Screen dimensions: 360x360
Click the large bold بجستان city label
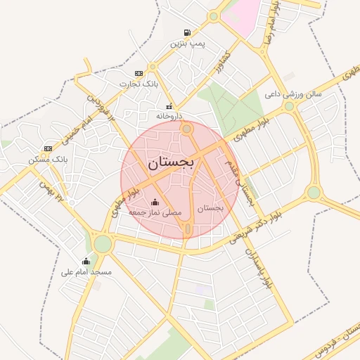(172, 162)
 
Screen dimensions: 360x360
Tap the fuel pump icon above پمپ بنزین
(187, 32)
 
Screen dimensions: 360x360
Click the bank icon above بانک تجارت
(139, 73)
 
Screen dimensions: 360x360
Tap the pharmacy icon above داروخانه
(168, 106)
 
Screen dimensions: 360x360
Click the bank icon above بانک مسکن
(48, 148)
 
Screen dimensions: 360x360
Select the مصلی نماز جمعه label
(155, 212)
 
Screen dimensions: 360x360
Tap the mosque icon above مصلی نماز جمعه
(155, 202)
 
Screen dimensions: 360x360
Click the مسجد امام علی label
(86, 271)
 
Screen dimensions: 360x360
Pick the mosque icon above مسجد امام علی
(86, 262)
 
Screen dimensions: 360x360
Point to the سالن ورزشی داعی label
(293, 93)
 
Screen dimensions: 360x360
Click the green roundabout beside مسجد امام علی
(103, 244)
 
